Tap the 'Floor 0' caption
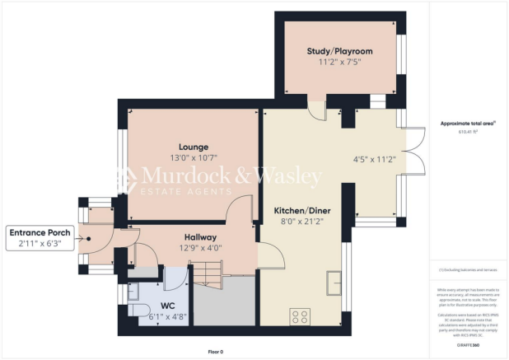pyautogui.click(x=215, y=351)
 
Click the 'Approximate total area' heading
pyautogui.click(x=467, y=123)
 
